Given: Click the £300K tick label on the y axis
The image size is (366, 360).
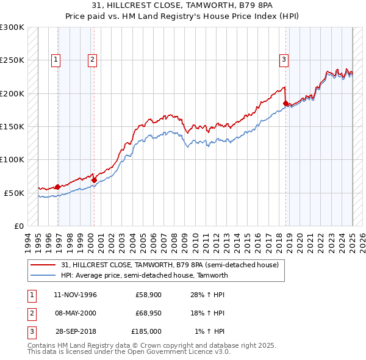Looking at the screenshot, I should click(x=12, y=27).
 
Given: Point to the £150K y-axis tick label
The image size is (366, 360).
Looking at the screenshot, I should click(x=12, y=126).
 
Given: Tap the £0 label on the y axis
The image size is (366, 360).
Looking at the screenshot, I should click(x=19, y=226).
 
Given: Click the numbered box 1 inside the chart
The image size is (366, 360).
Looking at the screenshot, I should click(x=56, y=59).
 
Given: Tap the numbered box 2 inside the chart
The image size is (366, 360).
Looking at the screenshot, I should click(x=91, y=59).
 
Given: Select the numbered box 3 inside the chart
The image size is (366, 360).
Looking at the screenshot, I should click(x=284, y=59).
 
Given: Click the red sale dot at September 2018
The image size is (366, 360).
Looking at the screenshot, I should click(x=285, y=104).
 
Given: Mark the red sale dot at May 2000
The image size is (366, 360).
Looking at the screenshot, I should click(x=94, y=180).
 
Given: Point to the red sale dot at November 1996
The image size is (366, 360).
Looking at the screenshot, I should click(x=57, y=187).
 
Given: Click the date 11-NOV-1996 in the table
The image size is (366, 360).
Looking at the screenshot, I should click(x=75, y=295).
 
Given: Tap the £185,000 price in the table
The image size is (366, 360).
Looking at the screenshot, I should click(x=146, y=331).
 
